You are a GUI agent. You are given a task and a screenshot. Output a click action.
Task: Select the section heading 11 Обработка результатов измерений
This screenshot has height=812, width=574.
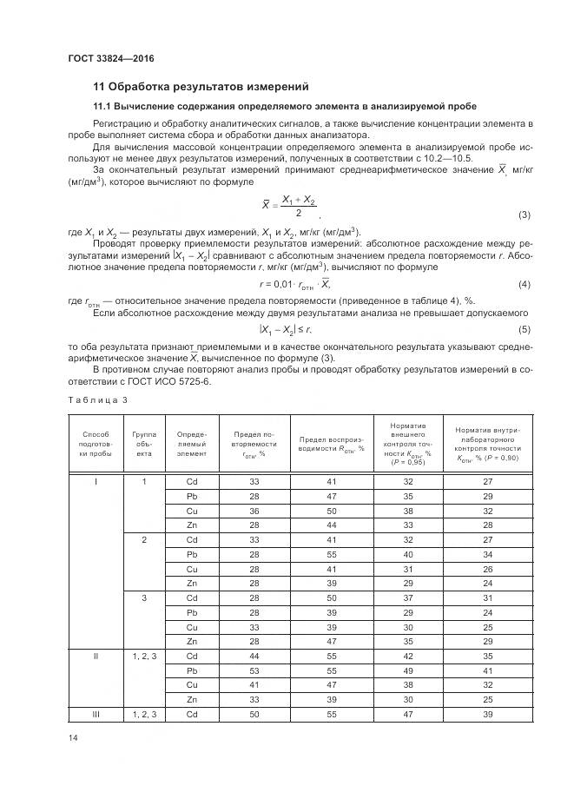201,86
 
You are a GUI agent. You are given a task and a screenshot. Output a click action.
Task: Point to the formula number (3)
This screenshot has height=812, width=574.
524,215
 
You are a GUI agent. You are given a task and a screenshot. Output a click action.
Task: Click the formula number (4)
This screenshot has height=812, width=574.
524,285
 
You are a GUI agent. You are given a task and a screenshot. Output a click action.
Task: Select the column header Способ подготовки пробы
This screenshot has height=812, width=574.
96,443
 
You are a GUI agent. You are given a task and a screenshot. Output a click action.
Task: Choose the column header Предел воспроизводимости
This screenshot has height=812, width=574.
331,443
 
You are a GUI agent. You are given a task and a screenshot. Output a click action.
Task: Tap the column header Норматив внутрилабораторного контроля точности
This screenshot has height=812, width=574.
486,443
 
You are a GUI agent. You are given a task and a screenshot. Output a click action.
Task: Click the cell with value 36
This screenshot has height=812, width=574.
254,512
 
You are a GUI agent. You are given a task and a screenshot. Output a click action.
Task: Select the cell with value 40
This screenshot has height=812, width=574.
407,553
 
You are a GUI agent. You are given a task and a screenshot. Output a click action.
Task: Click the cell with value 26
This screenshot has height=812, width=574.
486,569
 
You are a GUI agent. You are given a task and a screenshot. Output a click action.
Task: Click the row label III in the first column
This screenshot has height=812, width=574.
96,713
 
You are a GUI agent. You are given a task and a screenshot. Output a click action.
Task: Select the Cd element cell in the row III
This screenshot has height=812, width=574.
192,713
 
